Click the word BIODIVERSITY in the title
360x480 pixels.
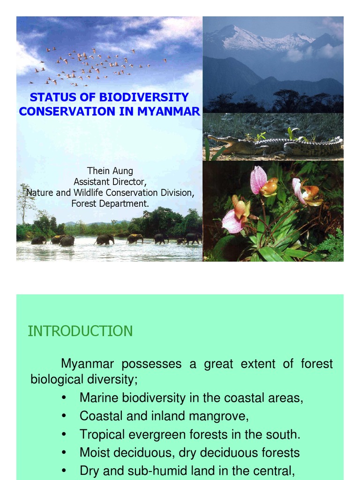(x=144, y=97)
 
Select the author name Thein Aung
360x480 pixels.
(x=110, y=171)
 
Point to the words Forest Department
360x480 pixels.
(x=110, y=203)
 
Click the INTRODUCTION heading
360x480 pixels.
(x=80, y=331)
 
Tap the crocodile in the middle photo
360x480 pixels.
(x=272, y=146)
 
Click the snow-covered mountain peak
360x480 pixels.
(x=244, y=37)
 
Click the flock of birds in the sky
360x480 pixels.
(x=94, y=66)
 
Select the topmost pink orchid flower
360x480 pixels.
(x=259, y=180)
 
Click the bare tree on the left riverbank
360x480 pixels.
(x=25, y=202)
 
